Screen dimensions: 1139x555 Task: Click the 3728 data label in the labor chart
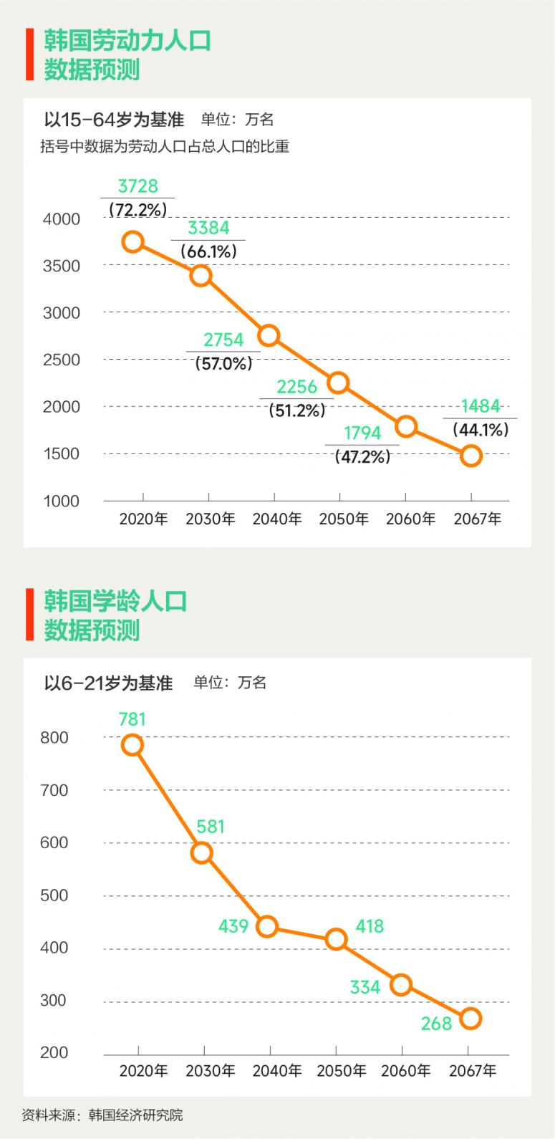tap(137, 186)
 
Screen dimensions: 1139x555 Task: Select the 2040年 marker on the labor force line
tap(269, 335)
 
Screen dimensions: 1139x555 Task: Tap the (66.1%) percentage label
tap(208, 251)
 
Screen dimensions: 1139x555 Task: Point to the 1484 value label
tap(481, 406)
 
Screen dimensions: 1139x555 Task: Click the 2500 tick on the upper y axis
tap(62, 360)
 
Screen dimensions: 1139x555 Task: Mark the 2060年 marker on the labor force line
tap(406, 426)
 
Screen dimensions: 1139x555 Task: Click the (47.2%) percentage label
tap(362, 456)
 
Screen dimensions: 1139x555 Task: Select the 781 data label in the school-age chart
tap(132, 719)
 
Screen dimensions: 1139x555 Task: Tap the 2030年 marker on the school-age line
tap(201, 852)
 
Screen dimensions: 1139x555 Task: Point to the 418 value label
tap(370, 926)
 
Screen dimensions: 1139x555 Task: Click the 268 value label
tap(436, 1024)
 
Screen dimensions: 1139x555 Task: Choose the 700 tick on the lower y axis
tap(55, 790)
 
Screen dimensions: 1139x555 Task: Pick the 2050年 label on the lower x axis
tap(342, 1071)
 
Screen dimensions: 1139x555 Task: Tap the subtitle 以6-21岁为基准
tap(108, 683)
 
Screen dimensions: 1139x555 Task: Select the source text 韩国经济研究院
tap(135, 1115)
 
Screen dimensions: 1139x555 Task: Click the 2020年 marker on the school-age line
tap(132, 745)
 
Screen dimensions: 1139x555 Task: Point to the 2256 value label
tap(296, 388)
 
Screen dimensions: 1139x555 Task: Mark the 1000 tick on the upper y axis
tap(62, 501)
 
